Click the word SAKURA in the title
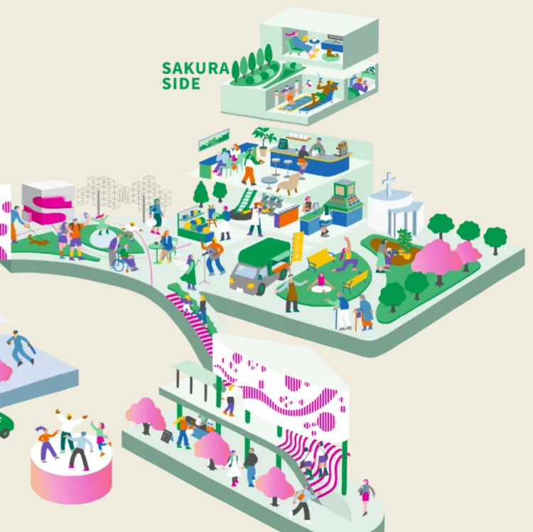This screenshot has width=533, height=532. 196,68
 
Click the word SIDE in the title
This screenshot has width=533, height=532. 181,84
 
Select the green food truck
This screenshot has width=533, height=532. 260,265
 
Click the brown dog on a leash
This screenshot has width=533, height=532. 38,240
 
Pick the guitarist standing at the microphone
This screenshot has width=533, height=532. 213,256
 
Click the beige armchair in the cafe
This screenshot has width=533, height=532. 289,184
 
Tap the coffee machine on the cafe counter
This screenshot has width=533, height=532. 342,149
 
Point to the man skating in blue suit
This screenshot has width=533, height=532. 21,348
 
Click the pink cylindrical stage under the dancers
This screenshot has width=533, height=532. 71,472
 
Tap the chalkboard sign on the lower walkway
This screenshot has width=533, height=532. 166,437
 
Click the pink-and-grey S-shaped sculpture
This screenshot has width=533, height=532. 48,204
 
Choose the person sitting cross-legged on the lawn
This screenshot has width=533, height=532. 321,283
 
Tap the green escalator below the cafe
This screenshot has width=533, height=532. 247,201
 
